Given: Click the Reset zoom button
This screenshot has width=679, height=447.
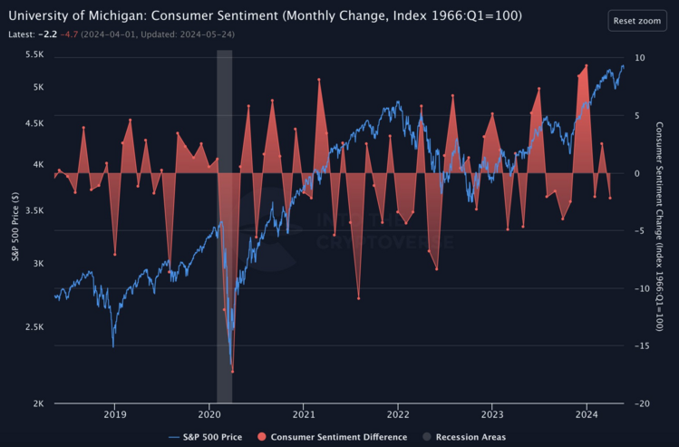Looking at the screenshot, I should [x=636, y=20].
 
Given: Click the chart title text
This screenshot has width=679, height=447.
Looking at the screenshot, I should [x=265, y=16].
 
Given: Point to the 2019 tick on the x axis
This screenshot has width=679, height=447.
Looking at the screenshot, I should [x=115, y=414].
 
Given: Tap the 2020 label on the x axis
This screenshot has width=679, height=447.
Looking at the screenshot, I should [x=209, y=414].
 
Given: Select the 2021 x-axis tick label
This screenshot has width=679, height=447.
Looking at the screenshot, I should [x=304, y=414].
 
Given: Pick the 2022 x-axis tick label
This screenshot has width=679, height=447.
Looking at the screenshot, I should [x=398, y=414].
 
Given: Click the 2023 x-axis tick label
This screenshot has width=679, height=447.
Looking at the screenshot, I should [x=492, y=414].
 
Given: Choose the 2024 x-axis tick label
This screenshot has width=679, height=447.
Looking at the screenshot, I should [x=587, y=414].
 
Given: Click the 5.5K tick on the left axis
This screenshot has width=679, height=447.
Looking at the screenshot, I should [x=35, y=55].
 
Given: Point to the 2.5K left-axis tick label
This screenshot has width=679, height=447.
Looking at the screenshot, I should [x=35, y=326].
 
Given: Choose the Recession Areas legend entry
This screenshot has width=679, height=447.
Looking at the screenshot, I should [x=463, y=437].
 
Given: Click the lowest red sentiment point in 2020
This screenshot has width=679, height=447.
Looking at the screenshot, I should [x=232, y=371].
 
